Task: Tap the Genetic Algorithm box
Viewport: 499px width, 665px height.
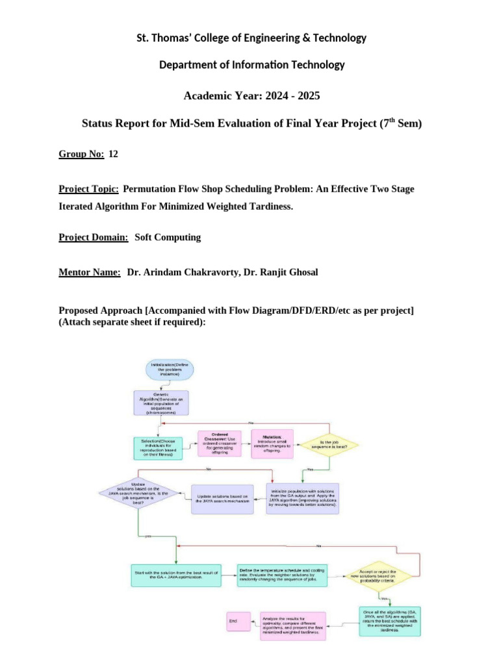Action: (x=160, y=403)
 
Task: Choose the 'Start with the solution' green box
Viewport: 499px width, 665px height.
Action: (x=175, y=575)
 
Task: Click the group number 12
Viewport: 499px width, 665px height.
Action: (x=114, y=154)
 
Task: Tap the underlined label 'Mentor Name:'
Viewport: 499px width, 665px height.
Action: (x=90, y=272)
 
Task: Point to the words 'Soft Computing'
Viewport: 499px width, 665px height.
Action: (x=168, y=237)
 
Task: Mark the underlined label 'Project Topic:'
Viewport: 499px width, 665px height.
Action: (x=88, y=189)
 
